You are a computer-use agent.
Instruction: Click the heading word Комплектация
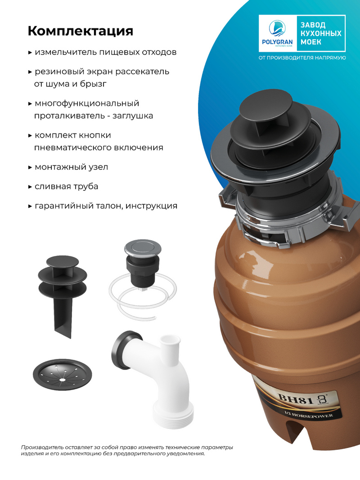coord(81,31)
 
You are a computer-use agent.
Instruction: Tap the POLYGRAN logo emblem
coord(277,28)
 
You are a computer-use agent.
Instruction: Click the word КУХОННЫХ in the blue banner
coord(321,33)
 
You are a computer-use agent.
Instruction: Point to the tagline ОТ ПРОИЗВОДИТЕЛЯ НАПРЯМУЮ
coord(302,58)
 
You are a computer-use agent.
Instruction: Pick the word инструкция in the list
coord(152,206)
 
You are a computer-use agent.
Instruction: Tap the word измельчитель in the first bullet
coord(66,52)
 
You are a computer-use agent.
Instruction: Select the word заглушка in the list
coord(133,116)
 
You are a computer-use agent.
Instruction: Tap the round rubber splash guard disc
coord(63,374)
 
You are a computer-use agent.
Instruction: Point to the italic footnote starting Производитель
coord(127,450)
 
